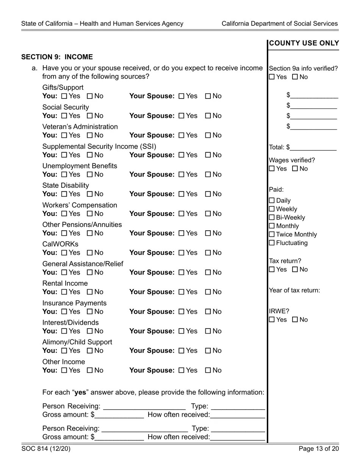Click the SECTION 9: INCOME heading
(x=57, y=57)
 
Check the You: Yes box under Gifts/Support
(x=64, y=96)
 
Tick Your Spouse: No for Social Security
(x=208, y=116)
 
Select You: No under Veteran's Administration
(x=90, y=135)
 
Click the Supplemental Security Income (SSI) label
(x=99, y=147)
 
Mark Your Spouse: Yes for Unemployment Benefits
(x=181, y=175)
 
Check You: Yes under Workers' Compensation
(x=64, y=214)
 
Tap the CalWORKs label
(x=60, y=244)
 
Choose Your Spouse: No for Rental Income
(x=208, y=292)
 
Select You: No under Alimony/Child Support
(x=90, y=351)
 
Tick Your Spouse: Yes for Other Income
(x=181, y=371)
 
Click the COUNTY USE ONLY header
(x=304, y=44)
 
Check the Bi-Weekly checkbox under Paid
(x=272, y=217)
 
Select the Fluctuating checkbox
(x=272, y=243)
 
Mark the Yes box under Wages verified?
(x=272, y=169)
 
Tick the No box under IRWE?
(x=295, y=320)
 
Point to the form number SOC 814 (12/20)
(x=46, y=449)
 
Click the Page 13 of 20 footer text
(x=319, y=449)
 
